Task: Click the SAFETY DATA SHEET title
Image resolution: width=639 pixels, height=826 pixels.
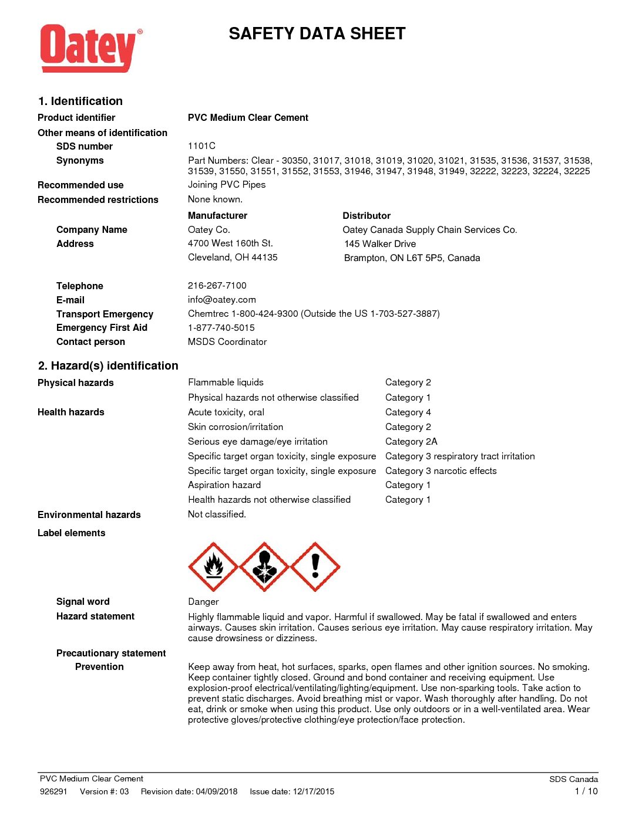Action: pos(317,34)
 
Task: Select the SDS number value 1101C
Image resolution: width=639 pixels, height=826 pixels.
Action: pos(201,146)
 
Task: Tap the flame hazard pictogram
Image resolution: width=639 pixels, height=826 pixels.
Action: pos(213,567)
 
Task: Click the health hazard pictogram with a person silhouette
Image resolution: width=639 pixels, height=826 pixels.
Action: pos(264,567)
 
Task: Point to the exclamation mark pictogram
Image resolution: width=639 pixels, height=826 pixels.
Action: pos(315,567)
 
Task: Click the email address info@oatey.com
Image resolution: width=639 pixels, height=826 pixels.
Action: pos(221,300)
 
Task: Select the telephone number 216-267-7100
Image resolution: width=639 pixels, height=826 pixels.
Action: pos(217,286)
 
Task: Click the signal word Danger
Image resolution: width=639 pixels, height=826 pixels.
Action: pos(203,602)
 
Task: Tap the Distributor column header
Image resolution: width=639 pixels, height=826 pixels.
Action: pos(366,216)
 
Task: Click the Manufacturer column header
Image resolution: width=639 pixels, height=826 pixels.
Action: pos(217,216)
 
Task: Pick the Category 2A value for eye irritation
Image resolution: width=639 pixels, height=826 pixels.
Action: pos(411,442)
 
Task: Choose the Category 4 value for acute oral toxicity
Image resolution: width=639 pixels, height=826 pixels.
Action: pos(408,412)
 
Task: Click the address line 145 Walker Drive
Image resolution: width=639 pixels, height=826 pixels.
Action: pos(380,244)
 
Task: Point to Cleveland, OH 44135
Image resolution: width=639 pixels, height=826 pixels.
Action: pos(233,258)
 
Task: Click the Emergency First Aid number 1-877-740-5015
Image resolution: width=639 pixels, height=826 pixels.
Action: pos(221,328)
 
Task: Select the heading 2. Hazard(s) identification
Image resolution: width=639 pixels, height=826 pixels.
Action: pos(108,366)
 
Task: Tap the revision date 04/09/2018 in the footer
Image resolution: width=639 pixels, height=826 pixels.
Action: pos(217,791)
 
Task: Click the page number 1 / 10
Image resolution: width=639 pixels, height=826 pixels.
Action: pos(586,791)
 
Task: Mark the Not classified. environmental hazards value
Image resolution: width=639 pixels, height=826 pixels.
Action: pos(217,514)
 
